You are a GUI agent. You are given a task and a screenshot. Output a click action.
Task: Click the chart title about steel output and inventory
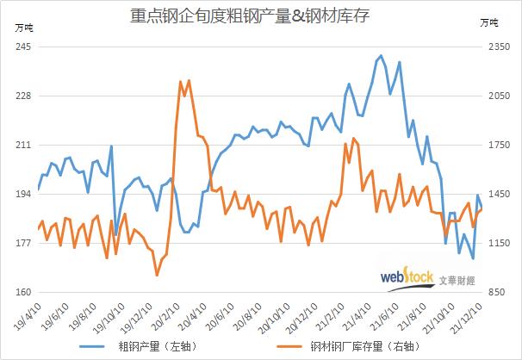[261, 15]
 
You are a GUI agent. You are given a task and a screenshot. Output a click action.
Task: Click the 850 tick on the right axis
[499, 294]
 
